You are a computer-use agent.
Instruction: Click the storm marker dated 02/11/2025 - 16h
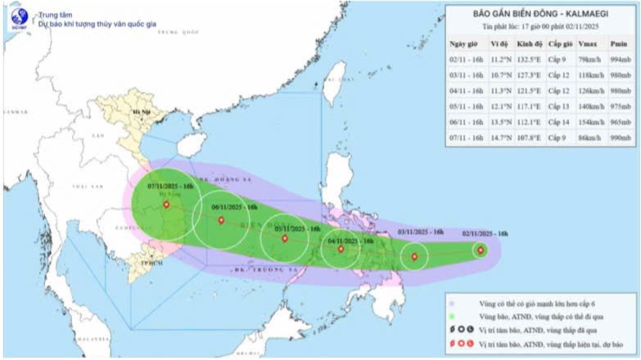481,250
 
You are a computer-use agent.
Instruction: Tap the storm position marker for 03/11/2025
413,257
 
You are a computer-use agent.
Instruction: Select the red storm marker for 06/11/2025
221,219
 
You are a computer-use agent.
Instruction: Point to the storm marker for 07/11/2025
166,205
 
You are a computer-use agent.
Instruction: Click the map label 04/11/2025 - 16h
350,241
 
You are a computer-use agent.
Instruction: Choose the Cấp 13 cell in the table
559,106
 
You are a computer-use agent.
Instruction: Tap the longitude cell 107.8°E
530,137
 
